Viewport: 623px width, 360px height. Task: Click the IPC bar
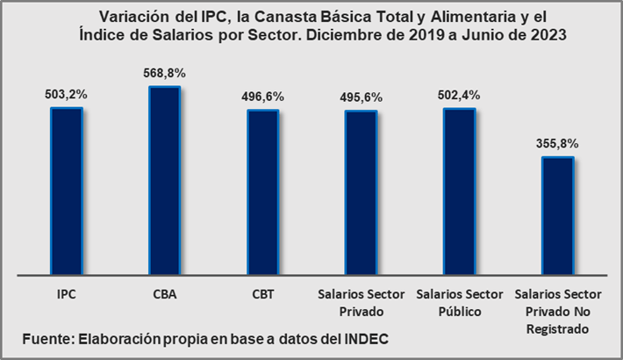click(x=67, y=189)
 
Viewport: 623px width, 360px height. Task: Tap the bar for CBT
click(x=262, y=190)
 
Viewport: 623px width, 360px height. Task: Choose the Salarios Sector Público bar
click(x=459, y=189)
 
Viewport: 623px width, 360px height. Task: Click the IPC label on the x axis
click(x=67, y=295)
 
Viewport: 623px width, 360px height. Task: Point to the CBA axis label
click(x=165, y=295)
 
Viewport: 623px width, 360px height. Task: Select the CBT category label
click(x=262, y=295)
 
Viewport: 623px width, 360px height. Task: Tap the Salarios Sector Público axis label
click(x=459, y=302)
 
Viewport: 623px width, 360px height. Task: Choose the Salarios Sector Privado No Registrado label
click(x=557, y=311)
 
